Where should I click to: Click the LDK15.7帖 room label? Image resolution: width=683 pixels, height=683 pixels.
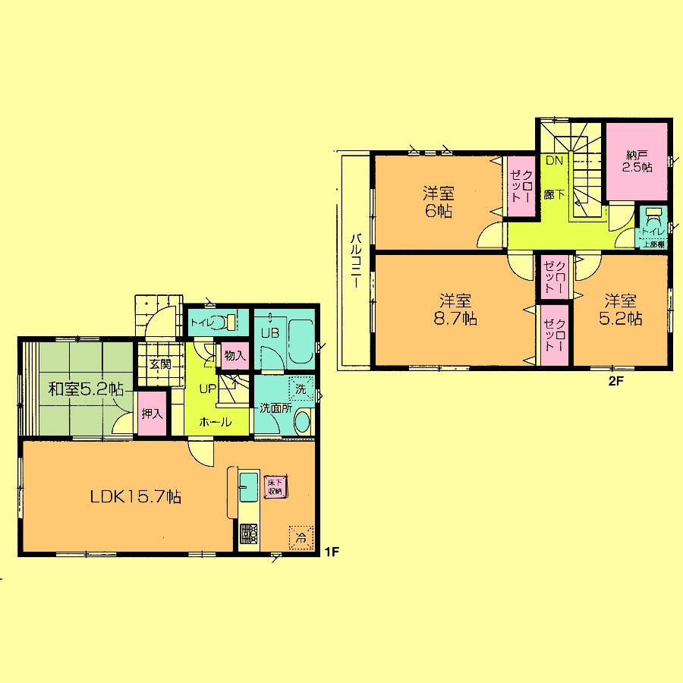pos(135,497)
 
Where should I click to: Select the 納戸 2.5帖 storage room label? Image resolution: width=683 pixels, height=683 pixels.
pos(637,162)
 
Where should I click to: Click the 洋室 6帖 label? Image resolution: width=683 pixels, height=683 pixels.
pos(438,202)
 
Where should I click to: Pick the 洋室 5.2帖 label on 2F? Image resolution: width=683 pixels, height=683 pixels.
pos(623,310)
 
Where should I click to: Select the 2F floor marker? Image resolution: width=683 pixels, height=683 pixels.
pos(615,382)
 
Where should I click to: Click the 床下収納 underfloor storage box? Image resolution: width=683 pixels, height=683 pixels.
pos(274,486)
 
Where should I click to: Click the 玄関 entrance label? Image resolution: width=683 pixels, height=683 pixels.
pos(159,364)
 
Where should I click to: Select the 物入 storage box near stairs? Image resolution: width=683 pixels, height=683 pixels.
pos(234,354)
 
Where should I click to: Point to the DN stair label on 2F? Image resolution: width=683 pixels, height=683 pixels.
pos(555,160)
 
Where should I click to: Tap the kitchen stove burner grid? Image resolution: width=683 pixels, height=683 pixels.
pos(249,535)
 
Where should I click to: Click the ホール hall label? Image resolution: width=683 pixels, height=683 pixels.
pos(216,422)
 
